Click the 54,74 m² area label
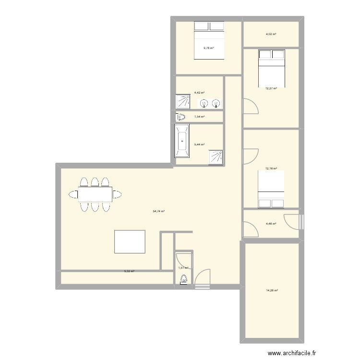point(159,211)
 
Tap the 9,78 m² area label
point(208,48)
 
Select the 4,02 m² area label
point(271,34)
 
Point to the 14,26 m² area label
point(272,290)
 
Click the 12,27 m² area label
point(272,88)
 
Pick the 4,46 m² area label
point(271,224)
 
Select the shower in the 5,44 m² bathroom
point(216,157)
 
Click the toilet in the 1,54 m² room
point(181,117)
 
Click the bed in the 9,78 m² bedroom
point(209,40)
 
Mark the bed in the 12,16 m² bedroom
point(272,190)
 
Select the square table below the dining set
point(130,241)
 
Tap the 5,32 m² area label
point(129,272)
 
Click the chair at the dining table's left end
point(73,194)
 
